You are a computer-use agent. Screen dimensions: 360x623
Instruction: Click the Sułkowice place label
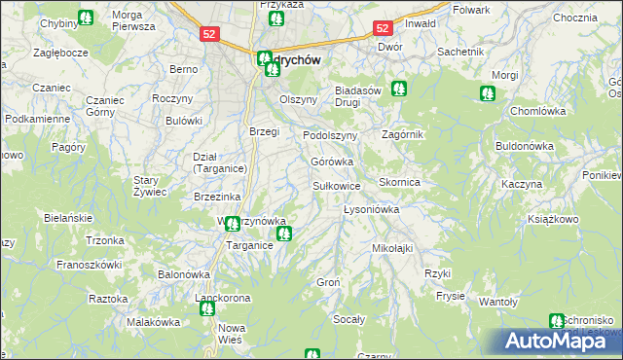337,185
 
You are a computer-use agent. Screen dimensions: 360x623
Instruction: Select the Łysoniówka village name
372,209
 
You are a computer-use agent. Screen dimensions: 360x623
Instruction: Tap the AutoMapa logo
560,342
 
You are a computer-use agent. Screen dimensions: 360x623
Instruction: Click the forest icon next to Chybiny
86,18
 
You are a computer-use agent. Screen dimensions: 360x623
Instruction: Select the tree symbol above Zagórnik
398,90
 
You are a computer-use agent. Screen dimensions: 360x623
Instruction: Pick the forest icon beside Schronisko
556,321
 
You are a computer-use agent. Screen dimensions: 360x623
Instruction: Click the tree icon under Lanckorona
206,309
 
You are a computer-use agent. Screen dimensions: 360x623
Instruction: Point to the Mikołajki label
393,248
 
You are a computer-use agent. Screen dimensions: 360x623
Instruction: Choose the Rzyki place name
438,273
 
